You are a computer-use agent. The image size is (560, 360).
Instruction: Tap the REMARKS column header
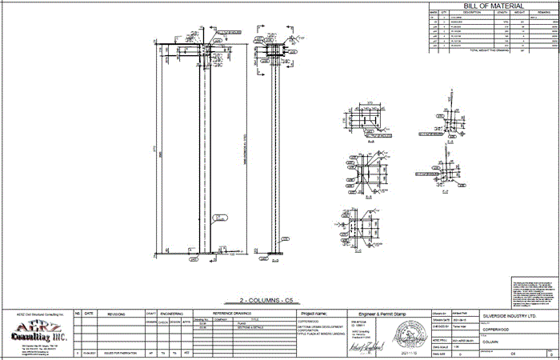coord(544,12)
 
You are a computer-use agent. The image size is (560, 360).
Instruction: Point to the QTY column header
coord(442,12)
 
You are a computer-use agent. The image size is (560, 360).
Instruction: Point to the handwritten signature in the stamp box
coord(363,348)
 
